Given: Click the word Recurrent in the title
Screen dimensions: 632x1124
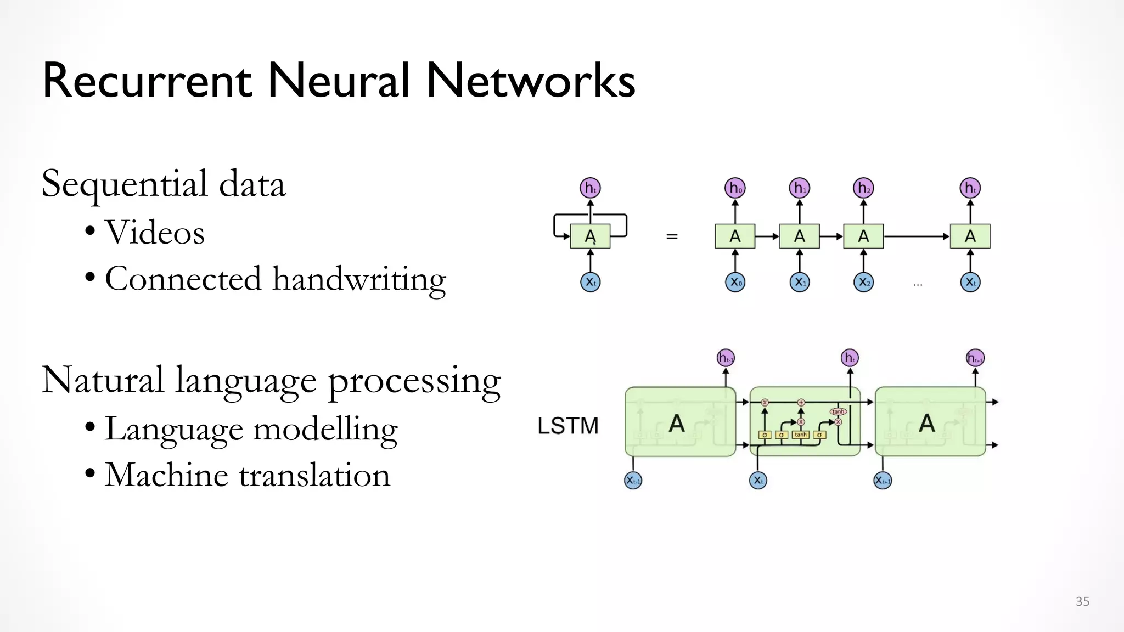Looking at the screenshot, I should coord(147,81).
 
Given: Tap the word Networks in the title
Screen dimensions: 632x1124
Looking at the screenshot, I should coord(530,81).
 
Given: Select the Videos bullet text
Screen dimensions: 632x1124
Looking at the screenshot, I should coord(155,233).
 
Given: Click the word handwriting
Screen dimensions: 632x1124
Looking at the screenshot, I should coord(359,280).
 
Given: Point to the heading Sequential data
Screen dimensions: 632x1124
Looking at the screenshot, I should coord(164,184).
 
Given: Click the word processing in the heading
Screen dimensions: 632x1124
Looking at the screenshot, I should coord(414,381).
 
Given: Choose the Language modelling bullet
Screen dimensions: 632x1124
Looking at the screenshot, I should coord(251,430).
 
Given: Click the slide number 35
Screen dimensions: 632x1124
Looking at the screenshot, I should coord(1082,601).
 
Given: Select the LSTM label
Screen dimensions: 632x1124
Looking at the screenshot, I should coord(568,426).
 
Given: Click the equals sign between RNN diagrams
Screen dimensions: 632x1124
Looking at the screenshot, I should coord(672,236).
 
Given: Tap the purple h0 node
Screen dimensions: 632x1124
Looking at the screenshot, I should coord(735,188).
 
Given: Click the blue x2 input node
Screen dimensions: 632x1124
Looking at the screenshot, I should coord(863,283).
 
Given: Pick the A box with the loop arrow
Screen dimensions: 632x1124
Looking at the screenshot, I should coord(590,236).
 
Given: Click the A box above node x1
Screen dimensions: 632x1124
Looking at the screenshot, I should coord(799,236).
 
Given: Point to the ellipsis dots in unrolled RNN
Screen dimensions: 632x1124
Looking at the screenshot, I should coord(918,285).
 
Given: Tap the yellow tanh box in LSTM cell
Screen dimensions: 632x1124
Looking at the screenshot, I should coord(801,435).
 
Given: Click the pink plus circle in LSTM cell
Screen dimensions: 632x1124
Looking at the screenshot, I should coord(801,403).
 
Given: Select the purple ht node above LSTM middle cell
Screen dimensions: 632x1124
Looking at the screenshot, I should coord(850,358).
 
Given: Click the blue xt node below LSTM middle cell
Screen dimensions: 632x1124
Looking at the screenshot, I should coord(758,481).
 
